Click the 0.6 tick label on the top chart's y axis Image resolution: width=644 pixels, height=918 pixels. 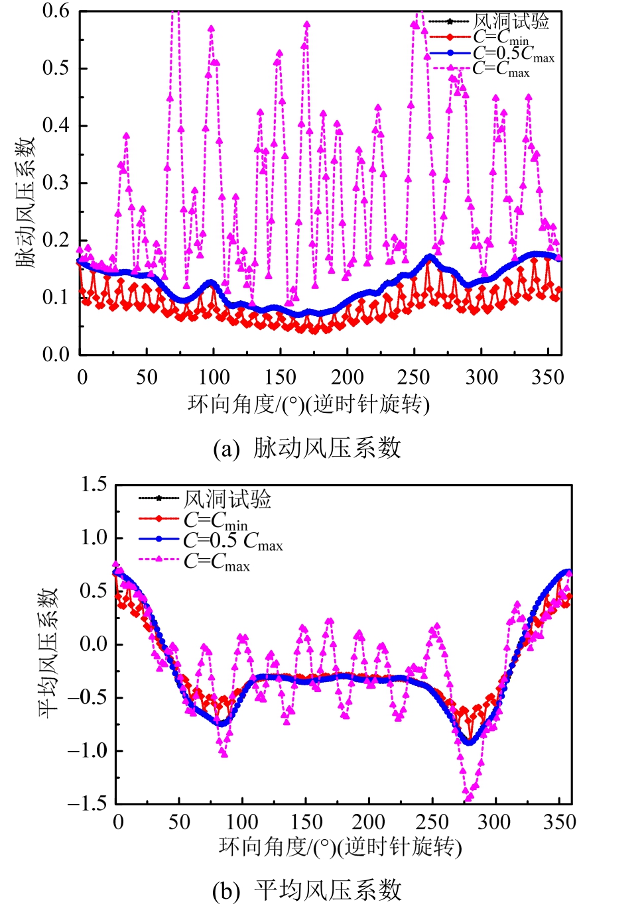56,11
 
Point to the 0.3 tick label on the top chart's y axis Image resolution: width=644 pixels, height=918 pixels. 56,183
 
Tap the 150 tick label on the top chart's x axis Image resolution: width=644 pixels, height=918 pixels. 281,377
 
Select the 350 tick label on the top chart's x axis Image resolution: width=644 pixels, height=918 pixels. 547,377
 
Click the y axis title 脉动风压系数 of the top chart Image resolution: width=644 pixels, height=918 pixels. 25,202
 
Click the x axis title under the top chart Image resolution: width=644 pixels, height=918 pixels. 308,404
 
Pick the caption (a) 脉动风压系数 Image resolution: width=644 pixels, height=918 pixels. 307,448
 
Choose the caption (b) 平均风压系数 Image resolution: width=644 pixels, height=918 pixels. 307,890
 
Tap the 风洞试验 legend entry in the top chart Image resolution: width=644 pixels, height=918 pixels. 511,21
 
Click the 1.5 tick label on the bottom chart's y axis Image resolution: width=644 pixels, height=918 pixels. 94,485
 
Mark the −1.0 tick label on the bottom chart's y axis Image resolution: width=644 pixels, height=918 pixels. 87,750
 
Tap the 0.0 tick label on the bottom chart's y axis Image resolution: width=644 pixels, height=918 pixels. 94,644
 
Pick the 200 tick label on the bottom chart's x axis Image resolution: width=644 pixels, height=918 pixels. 368,822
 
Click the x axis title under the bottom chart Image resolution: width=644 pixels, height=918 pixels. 340,846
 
